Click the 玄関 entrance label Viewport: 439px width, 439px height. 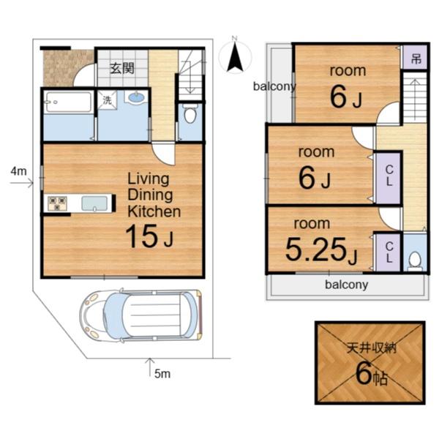pyautogui.click(x=122, y=68)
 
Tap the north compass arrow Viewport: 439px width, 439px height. pyautogui.click(x=235, y=57)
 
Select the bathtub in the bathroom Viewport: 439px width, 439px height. pyautogui.click(x=68, y=102)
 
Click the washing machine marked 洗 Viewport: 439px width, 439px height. pyautogui.click(x=107, y=100)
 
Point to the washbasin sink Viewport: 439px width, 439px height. pyautogui.click(x=136, y=97)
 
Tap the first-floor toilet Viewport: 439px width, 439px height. pyautogui.click(x=190, y=113)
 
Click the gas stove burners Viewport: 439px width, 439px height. pyautogui.click(x=57, y=203)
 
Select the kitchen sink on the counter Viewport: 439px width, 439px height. pyautogui.click(x=94, y=203)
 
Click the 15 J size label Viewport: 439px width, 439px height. pyautogui.click(x=149, y=236)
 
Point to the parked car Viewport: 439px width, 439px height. pyautogui.click(x=140, y=315)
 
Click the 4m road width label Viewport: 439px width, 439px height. pyautogui.click(x=19, y=171)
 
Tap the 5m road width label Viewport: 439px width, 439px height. pyautogui.click(x=162, y=374)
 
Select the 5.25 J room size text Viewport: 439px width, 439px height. pyautogui.click(x=321, y=249)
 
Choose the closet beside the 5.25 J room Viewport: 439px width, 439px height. pyautogui.click(x=388, y=252)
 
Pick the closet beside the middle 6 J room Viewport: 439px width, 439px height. pyautogui.click(x=389, y=178)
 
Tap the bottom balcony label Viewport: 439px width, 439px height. pyautogui.click(x=347, y=285)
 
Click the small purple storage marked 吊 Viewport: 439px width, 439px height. pyautogui.click(x=416, y=59)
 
